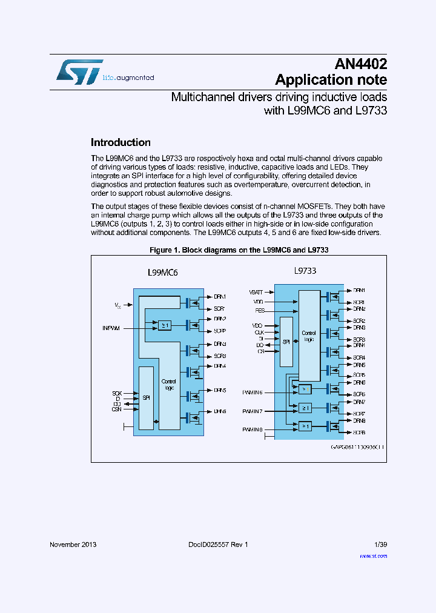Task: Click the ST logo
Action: (x=80, y=71)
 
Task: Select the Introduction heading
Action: (x=121, y=143)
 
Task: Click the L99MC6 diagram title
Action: (x=162, y=273)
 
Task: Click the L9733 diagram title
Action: (x=305, y=271)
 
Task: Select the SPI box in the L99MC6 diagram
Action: (x=146, y=397)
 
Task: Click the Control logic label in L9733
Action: (x=309, y=336)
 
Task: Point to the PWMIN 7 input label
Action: (x=253, y=411)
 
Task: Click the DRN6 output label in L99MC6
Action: (x=219, y=411)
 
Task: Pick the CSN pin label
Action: (x=116, y=409)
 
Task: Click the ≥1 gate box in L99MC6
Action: (x=164, y=326)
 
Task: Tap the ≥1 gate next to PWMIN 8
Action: (x=305, y=426)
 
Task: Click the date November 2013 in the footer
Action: (x=73, y=545)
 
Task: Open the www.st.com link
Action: (x=373, y=555)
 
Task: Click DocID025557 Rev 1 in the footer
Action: (x=214, y=545)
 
